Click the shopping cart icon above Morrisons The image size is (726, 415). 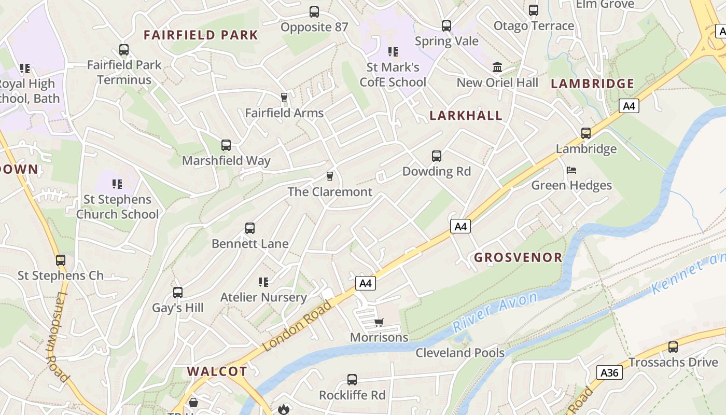pyautogui.click(x=379, y=323)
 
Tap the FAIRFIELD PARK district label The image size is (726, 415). pyautogui.click(x=201, y=35)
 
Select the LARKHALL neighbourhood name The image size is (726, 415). pyautogui.click(x=466, y=116)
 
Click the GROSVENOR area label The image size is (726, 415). pyautogui.click(x=518, y=257)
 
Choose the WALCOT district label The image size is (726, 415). pyautogui.click(x=217, y=371)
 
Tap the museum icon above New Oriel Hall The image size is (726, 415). pyautogui.click(x=497, y=67)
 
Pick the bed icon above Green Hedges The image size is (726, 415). pyautogui.click(x=571, y=170)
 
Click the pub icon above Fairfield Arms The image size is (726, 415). pyautogui.click(x=284, y=98)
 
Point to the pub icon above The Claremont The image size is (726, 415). pyautogui.click(x=329, y=176)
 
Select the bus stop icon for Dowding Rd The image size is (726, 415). pyautogui.click(x=437, y=156)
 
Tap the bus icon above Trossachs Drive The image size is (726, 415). pyautogui.click(x=673, y=347)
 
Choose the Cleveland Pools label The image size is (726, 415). pyautogui.click(x=460, y=353)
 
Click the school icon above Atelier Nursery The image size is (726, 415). pyautogui.click(x=263, y=282)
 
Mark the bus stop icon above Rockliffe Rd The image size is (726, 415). pyautogui.click(x=352, y=380)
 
